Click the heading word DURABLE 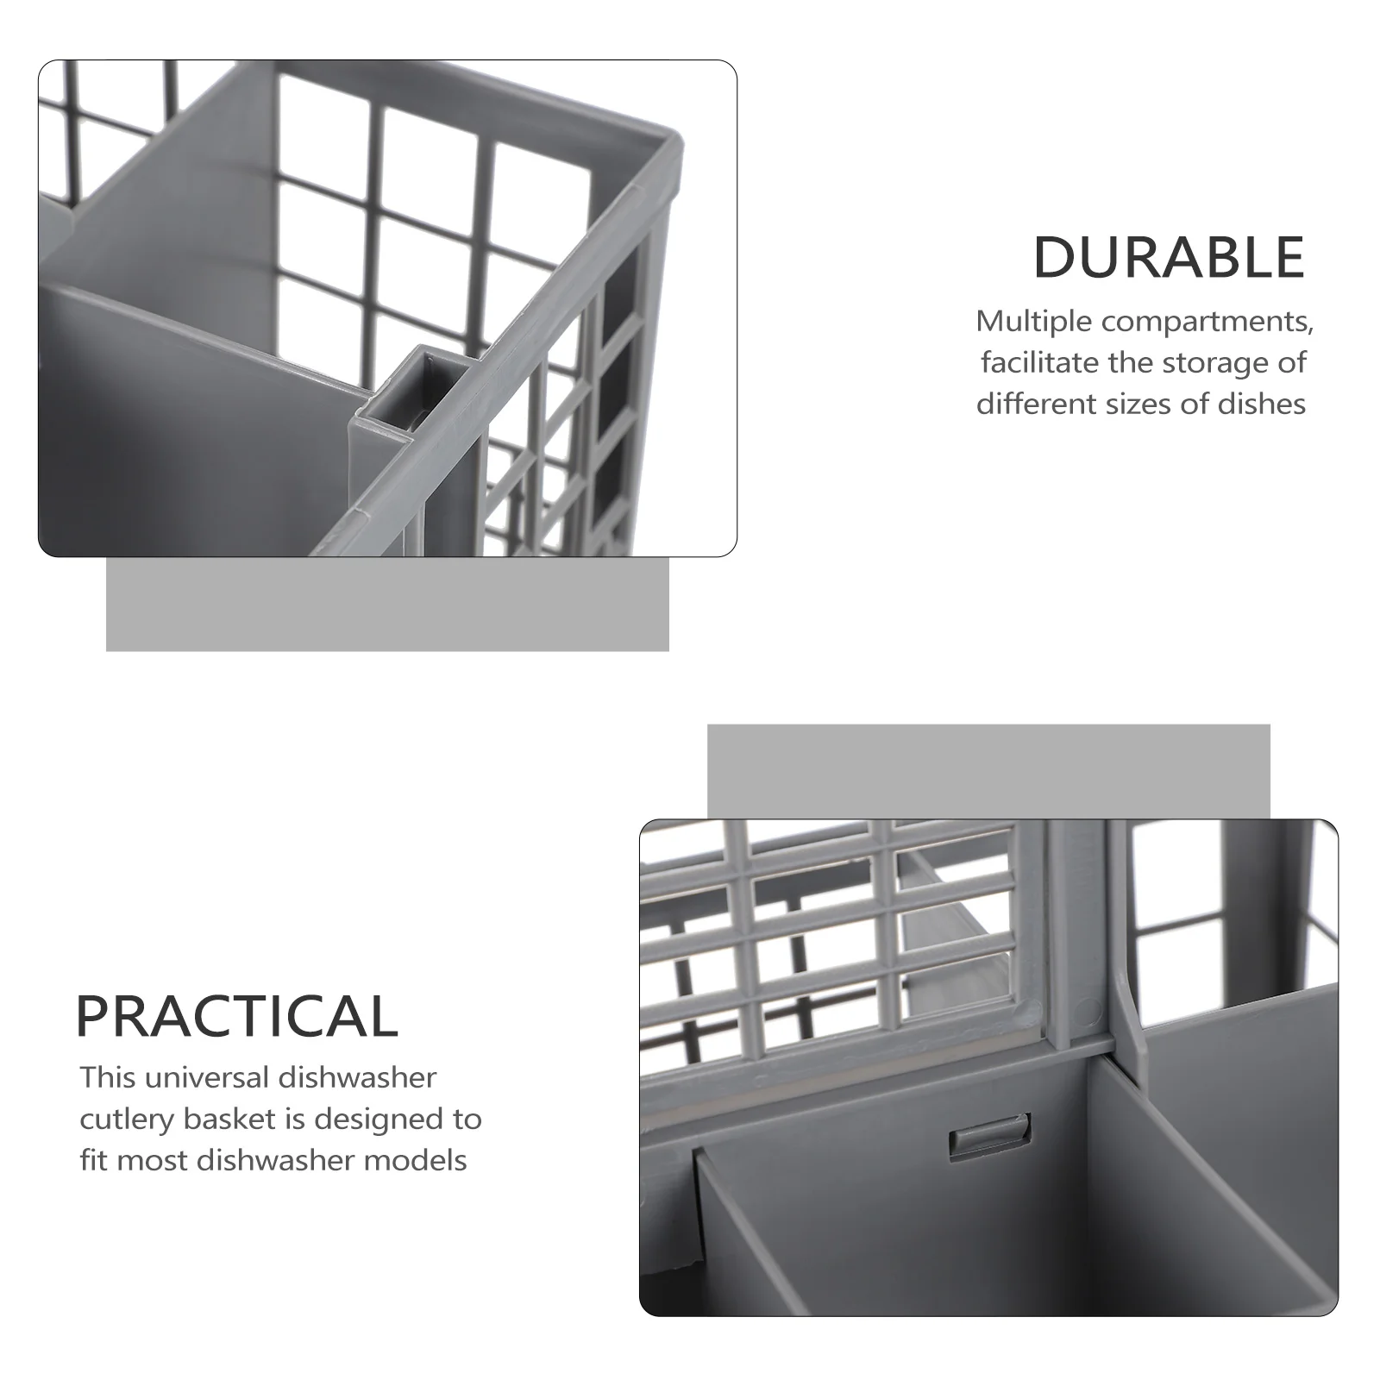pyautogui.click(x=1169, y=257)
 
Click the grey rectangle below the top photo pyautogui.click(x=387, y=604)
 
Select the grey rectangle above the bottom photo pyautogui.click(x=988, y=771)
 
